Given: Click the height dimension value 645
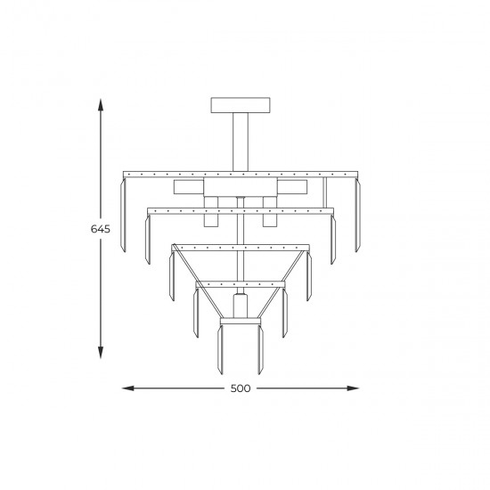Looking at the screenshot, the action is click(x=101, y=229).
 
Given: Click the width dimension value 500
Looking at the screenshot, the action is click(x=241, y=388).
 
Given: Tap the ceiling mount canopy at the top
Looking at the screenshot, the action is click(x=241, y=105).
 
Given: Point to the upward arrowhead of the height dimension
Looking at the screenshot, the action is click(x=101, y=105).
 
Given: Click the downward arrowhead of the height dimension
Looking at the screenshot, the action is click(x=101, y=353).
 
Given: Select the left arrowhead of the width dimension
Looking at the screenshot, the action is click(x=127, y=388).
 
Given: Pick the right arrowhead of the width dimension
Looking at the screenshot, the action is click(x=353, y=388).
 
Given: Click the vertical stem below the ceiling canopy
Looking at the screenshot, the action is click(x=241, y=142).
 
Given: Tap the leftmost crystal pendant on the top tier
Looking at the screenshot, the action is click(x=123, y=215).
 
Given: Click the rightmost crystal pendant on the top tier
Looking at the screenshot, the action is click(x=357, y=215).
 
